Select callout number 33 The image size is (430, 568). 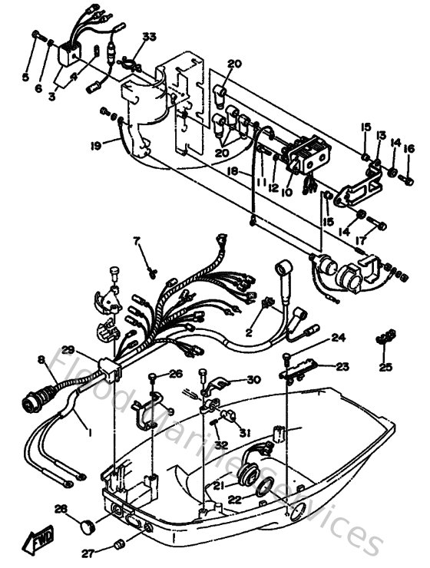click(148, 37)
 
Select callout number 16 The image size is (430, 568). click(408, 149)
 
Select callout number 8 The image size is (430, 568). click(41, 359)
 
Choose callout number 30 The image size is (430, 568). click(253, 379)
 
